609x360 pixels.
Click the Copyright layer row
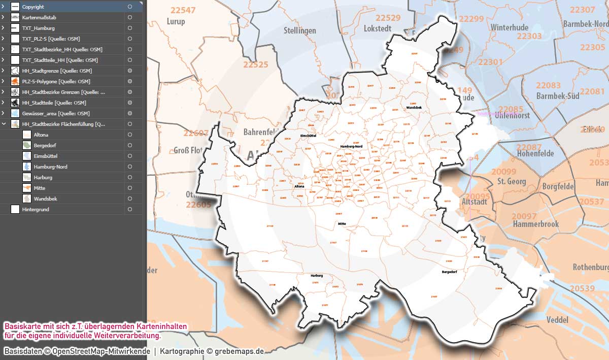coord(33,7)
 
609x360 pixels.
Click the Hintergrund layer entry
coord(36,209)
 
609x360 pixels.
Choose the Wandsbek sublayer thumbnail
coord(27,199)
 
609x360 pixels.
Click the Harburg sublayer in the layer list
coord(43,177)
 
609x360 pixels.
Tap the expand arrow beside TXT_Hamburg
coord(3,28)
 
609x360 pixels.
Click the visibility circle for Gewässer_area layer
coord(130,113)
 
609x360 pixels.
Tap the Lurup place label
coord(176,21)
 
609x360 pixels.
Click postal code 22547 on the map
coord(183,10)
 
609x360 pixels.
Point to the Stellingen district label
coord(300,30)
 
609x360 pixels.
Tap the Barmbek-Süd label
coord(557,95)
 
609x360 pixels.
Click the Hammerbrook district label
coord(535,224)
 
